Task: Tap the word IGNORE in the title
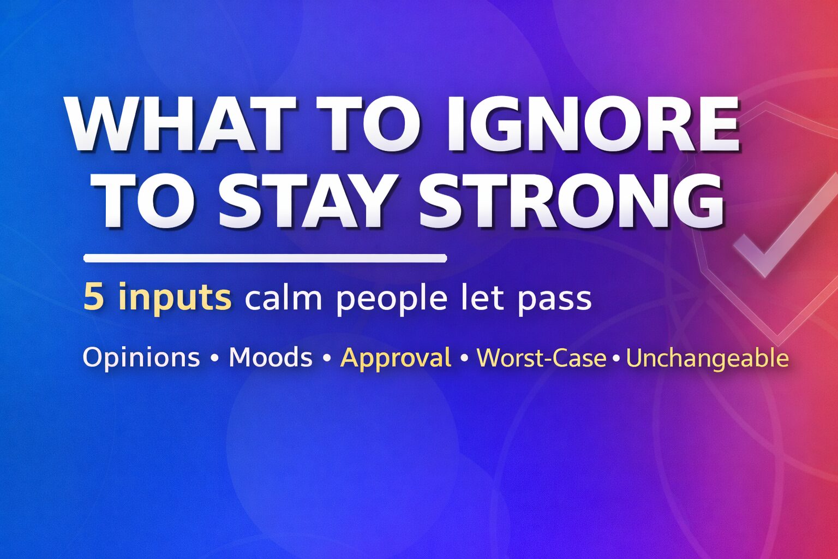[x=592, y=124]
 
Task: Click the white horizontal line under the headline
[x=265, y=258]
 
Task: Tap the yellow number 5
[x=93, y=298]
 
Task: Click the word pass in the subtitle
[x=554, y=300]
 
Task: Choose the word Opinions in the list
[x=141, y=358]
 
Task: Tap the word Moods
[x=271, y=358]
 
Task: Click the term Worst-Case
[x=541, y=358]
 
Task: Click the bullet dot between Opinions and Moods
[x=214, y=359]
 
